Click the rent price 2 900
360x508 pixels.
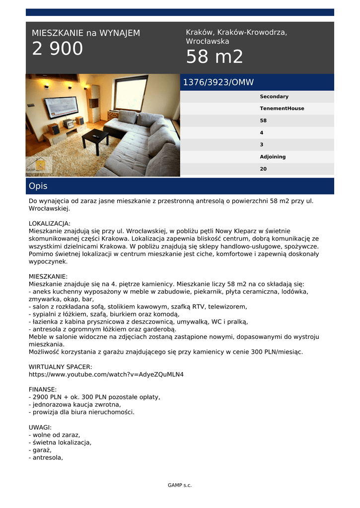click(58, 49)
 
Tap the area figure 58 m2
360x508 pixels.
click(215, 57)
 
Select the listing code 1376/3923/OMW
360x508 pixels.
click(218, 82)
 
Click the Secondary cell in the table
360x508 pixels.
click(274, 97)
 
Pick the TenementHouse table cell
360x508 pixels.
click(282, 109)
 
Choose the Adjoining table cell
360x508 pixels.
click(273, 157)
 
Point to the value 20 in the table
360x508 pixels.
click(263, 169)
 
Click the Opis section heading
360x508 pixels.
click(38, 186)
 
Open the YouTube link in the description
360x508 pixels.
click(106, 374)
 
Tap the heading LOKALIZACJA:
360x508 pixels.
click(50, 224)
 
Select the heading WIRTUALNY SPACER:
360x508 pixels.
click(61, 367)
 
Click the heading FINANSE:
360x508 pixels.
click(43, 389)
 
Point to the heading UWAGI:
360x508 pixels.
click(40, 427)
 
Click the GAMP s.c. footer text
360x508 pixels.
click(180, 485)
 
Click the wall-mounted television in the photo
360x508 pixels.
click(61, 107)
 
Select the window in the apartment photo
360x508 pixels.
click(131, 93)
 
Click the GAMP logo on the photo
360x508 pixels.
click(39, 165)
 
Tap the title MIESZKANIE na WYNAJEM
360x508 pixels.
click(86, 33)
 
